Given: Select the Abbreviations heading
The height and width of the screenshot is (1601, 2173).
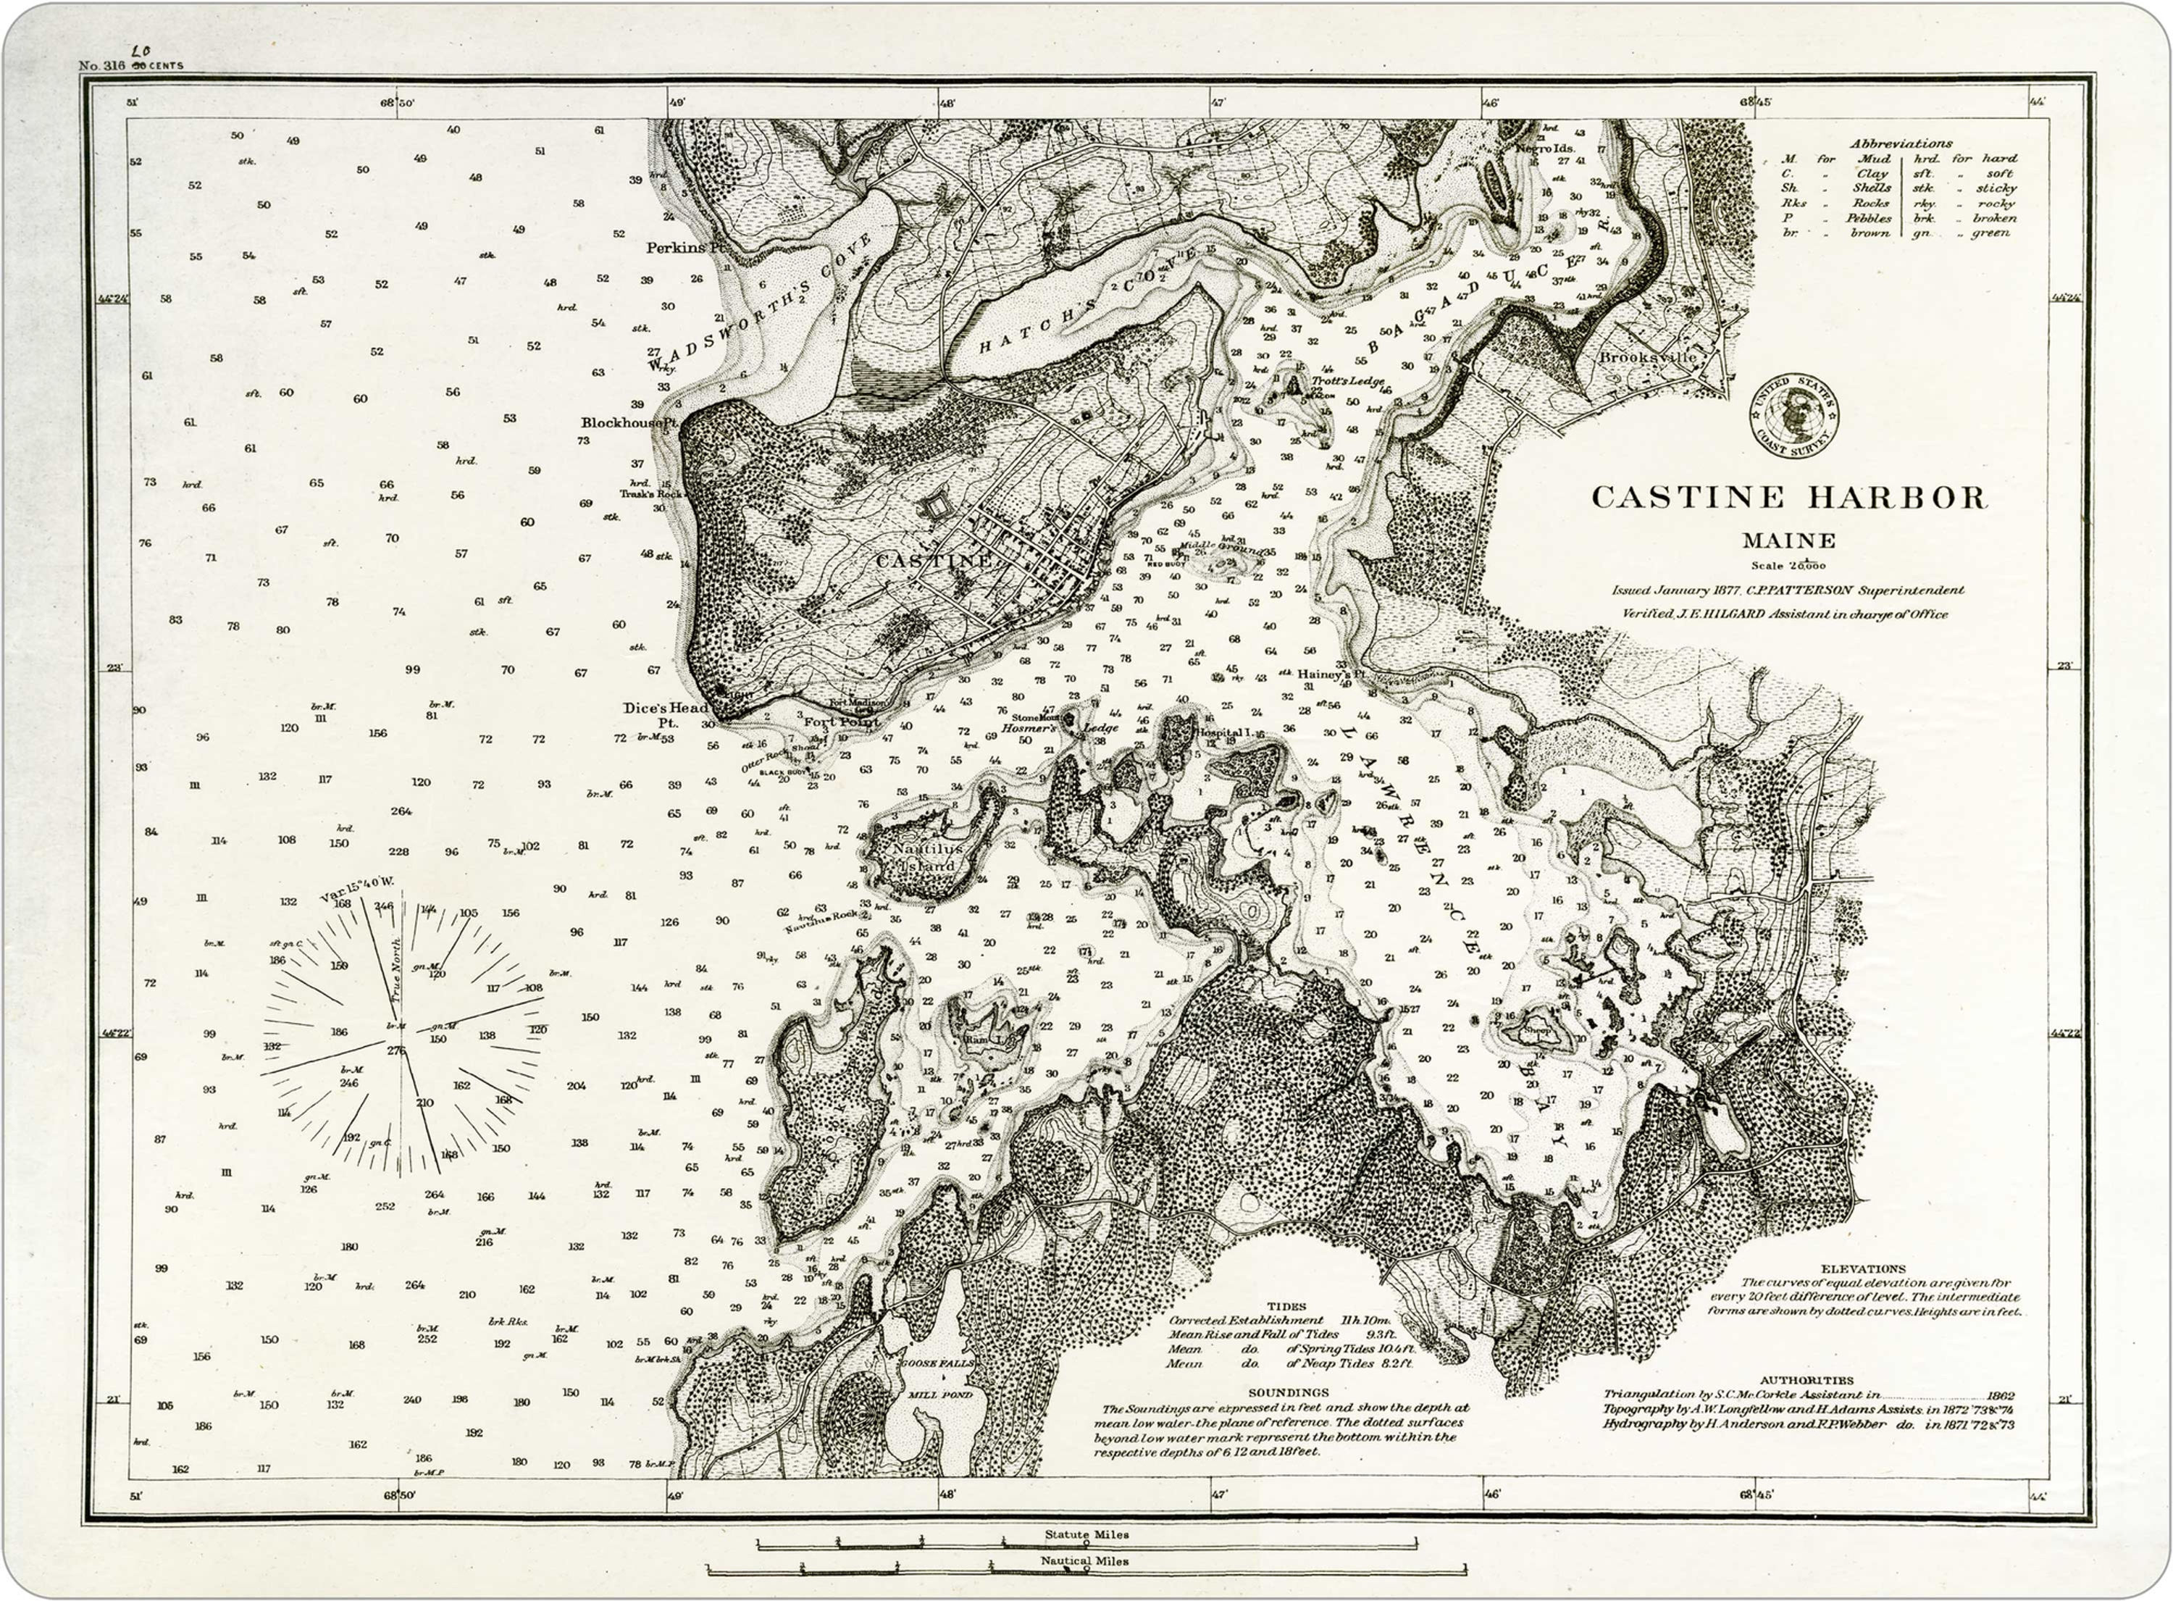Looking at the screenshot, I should (x=1901, y=143).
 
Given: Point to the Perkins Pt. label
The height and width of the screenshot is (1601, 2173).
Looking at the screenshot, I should (x=686, y=248).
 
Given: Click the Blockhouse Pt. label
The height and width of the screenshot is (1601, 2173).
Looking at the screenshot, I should (x=629, y=422).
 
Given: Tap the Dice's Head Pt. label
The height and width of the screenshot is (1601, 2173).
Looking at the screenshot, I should (x=666, y=714).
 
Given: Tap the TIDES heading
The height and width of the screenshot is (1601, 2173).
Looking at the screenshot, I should (x=1286, y=1306).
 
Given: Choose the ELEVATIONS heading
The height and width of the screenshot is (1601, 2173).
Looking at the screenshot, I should (x=1863, y=1268).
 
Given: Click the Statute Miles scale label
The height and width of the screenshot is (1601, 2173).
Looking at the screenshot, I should (x=1086, y=1534).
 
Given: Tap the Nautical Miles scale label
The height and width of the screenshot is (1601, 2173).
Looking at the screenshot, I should (x=1084, y=1561).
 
